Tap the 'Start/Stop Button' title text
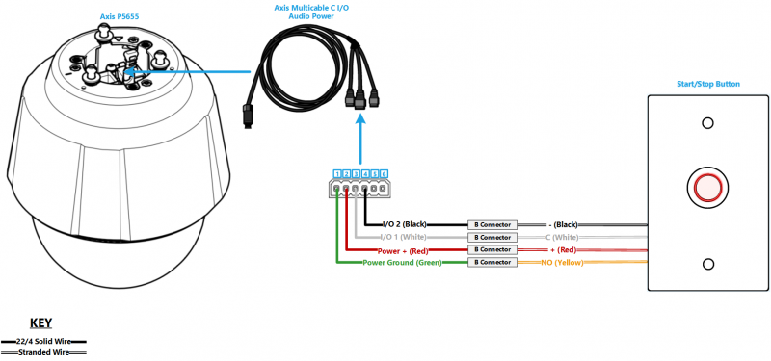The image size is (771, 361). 708,84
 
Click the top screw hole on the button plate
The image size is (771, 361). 708,123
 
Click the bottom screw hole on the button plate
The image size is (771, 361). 708,265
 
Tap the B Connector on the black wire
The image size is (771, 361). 492,223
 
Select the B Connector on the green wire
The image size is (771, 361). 492,262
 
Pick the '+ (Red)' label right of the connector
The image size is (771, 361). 564,249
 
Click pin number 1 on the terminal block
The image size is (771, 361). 335,174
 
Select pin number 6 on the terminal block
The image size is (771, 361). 384,174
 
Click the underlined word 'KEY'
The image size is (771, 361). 41,323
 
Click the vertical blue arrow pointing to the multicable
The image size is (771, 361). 359,140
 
